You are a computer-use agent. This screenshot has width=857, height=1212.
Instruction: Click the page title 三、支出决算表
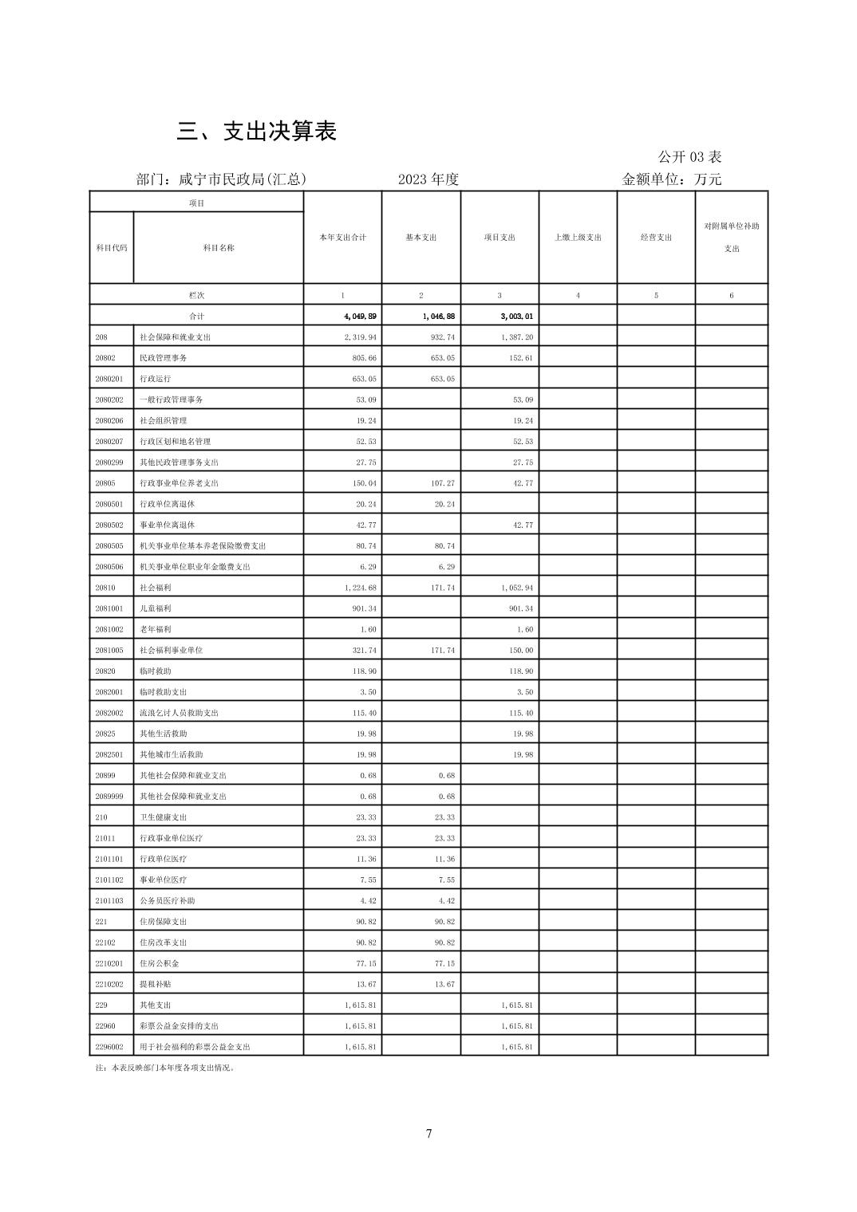pos(256,132)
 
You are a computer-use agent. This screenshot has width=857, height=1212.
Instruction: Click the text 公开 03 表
pos(689,157)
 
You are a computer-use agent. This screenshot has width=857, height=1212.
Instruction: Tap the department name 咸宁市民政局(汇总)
pos(221,179)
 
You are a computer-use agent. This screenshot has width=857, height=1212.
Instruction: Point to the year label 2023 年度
pos(428,179)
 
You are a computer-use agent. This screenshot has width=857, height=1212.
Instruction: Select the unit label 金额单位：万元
pos(671,179)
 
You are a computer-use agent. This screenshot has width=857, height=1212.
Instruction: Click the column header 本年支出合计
pos(342,238)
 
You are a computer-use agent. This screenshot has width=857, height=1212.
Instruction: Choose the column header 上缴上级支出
pos(578,238)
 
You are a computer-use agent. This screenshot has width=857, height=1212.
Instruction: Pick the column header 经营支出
pos(656,238)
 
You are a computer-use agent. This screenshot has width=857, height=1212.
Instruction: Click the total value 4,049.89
pos(360,317)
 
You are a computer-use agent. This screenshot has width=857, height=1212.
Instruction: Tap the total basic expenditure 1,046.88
pos(438,317)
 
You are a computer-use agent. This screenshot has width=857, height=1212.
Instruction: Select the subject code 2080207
pos(109,442)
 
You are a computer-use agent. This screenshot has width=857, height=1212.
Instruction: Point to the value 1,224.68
pos(361,588)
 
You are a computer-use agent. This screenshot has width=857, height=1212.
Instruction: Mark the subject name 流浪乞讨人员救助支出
pos(179,713)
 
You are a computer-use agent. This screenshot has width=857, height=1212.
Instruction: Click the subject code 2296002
pos(109,1047)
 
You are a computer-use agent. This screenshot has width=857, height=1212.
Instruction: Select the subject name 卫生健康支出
pos(163,817)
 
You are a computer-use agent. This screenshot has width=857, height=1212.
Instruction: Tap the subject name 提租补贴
pos(155,984)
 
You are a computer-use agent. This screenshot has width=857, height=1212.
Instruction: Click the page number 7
pos(428,1134)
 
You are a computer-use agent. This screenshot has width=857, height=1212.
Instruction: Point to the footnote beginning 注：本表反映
pos(165,1068)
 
